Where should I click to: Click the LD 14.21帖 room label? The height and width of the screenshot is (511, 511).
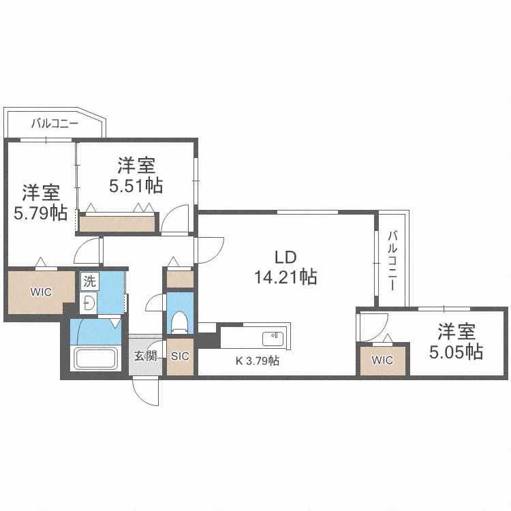285,267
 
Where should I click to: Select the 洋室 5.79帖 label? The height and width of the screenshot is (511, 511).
40,202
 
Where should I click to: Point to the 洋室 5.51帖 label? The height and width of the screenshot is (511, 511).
136,174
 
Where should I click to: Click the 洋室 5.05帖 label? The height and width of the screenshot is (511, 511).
456,342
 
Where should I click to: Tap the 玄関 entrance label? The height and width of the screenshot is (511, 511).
144,355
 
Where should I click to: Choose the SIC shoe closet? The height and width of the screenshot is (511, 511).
180,356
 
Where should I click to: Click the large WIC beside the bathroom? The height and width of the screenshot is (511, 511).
40,293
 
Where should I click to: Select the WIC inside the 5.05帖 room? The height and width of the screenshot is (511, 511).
383,360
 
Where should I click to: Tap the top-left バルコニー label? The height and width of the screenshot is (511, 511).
55,124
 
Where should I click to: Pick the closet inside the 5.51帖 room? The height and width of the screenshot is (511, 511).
117,223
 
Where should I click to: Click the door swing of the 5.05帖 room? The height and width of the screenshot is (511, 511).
373,326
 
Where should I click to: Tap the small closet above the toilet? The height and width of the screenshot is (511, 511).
180,278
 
